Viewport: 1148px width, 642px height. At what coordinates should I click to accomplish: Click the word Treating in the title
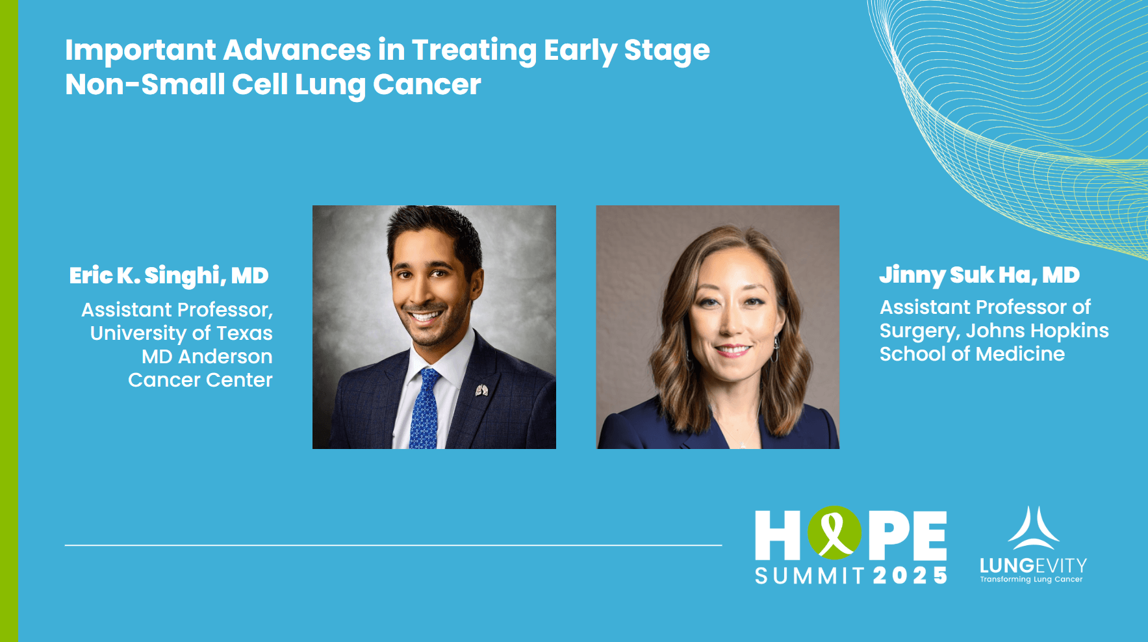click(x=474, y=51)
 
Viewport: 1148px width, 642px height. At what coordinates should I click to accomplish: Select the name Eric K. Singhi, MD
click(x=169, y=276)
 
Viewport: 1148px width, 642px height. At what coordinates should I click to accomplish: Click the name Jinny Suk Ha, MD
click(x=979, y=276)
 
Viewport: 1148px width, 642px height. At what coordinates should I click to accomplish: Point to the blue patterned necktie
click(x=424, y=409)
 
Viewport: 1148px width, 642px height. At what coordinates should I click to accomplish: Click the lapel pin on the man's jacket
click(x=481, y=390)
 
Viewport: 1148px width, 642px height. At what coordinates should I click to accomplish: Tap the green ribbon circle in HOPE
click(x=835, y=533)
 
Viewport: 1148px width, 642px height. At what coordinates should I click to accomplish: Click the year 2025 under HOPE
click(x=910, y=576)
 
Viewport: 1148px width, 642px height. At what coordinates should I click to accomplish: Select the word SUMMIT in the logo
click(x=810, y=576)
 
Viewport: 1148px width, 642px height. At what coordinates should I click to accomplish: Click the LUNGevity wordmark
click(x=1033, y=566)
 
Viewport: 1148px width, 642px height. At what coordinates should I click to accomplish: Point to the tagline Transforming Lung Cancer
click(x=1031, y=580)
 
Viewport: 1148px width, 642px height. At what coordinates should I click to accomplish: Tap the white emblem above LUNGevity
click(x=1034, y=528)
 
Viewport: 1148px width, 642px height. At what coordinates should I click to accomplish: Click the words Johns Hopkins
click(x=1037, y=331)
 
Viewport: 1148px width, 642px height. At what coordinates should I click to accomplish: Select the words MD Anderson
click(x=207, y=357)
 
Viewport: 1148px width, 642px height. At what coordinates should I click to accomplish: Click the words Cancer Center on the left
click(x=200, y=380)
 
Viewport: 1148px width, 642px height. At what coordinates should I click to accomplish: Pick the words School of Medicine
click(x=972, y=354)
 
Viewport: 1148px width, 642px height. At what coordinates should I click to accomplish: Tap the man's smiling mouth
click(x=426, y=317)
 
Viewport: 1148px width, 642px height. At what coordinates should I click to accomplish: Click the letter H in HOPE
click(x=778, y=535)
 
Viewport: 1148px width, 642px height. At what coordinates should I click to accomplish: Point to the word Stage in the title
click(x=667, y=51)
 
